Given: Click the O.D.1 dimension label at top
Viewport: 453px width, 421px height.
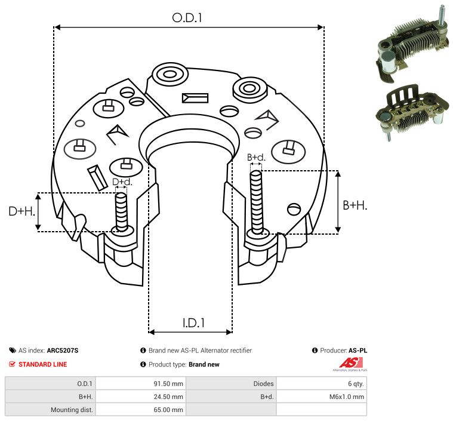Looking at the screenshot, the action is point(187,18).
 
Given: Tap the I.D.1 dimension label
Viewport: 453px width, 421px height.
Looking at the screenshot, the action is point(193,323).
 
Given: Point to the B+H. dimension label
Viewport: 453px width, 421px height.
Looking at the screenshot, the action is point(355,205).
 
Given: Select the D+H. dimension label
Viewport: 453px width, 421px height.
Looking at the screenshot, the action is point(21,211).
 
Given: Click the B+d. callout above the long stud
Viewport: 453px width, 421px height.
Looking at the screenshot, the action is point(256,157).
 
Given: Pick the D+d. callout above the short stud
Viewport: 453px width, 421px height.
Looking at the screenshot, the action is point(122,182).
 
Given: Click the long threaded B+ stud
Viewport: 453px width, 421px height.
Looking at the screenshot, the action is point(256,202).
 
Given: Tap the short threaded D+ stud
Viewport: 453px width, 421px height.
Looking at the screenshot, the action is point(121,212).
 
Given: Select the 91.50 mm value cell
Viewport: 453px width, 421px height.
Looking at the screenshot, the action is point(168,384).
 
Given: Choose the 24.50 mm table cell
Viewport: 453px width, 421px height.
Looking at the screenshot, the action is point(168,397).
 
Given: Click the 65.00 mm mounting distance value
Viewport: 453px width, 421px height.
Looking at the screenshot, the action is point(168,410).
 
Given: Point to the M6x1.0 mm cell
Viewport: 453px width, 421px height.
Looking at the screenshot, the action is point(347,397).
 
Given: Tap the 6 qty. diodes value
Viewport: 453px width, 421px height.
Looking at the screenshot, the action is point(356,384).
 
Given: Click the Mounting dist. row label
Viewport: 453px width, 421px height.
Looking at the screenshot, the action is point(72,410).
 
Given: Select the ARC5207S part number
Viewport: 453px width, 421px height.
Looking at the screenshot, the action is point(63,351).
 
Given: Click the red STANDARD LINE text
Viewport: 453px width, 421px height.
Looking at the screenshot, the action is point(43,364).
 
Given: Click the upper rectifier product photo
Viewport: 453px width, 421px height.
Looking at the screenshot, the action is point(413,44).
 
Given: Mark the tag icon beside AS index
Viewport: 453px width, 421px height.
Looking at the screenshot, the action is point(13,351).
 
